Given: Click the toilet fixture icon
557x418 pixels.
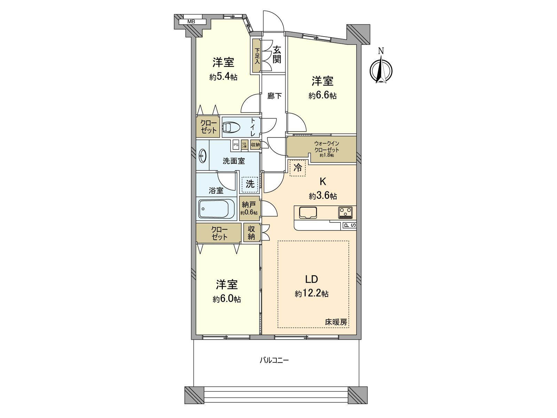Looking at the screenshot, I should coord(231,127).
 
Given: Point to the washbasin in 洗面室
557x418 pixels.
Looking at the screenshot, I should coord(202,156).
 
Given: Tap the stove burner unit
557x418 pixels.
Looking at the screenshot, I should coord(346,212).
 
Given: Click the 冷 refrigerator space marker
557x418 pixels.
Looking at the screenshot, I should coord(298,168).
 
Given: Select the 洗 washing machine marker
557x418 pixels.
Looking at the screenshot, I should coord(250,184).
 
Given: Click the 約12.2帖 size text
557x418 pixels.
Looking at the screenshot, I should coord(312,294).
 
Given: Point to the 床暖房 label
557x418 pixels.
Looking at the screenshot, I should coord(336,322).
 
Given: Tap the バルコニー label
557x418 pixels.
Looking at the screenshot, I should coord(274,360).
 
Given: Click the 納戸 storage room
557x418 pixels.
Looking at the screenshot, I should coord(249,208).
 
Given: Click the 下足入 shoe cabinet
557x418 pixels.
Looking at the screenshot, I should coord(257,56).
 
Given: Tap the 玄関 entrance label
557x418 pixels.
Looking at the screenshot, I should coord(277,55).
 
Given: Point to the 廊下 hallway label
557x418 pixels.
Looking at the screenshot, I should coord(274,96).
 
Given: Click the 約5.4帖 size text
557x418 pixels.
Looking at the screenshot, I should coord(223,77).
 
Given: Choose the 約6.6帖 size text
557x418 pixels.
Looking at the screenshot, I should coord(322,96).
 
